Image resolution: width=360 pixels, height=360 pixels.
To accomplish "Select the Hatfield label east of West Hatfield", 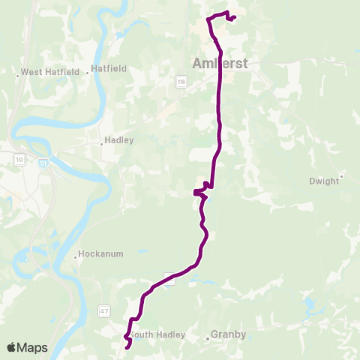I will point(109,68).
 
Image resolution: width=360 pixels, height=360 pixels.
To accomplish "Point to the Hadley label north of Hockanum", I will point(120,140).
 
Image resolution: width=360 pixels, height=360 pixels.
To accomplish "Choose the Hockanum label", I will point(103,255).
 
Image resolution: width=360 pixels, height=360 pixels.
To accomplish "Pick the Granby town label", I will point(229,334).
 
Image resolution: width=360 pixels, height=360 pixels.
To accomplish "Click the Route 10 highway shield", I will point(19,158).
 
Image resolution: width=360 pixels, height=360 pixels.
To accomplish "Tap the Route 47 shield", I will point(103,309).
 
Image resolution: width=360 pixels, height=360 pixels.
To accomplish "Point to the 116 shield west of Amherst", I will point(181,80).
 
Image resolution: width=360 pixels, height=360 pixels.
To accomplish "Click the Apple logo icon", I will point(11,347).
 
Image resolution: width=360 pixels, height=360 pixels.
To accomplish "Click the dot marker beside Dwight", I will point(341,177).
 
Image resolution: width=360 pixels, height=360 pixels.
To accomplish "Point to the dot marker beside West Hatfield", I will point(17,73).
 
